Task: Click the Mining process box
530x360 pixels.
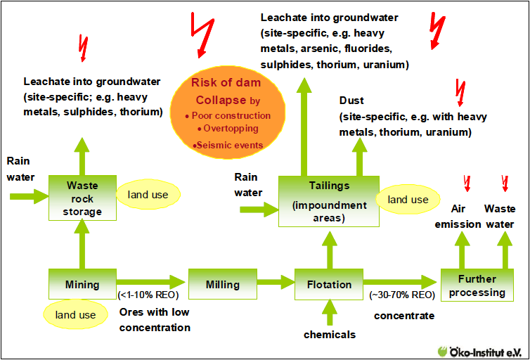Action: tap(82, 284)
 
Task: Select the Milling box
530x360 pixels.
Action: tap(222, 284)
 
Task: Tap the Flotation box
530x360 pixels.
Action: tap(329, 284)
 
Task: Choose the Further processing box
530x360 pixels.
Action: tap(477, 285)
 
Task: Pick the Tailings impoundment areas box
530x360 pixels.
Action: tap(329, 201)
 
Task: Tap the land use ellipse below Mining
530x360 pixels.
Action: tap(75, 314)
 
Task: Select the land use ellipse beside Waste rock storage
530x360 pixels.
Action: tap(148, 194)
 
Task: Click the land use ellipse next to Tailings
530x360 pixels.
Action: tap(408, 199)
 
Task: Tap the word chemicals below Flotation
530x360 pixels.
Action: tap(329, 335)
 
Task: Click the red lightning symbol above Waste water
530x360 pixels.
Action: tap(503, 184)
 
